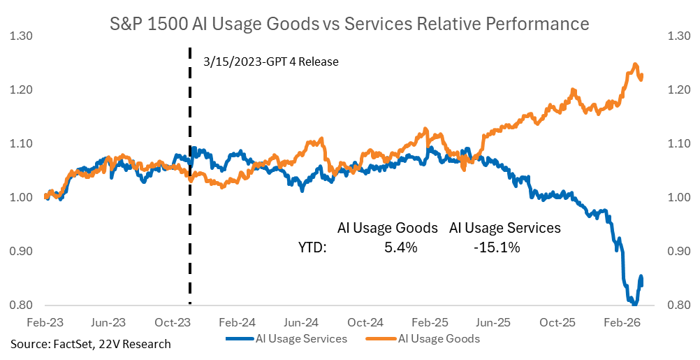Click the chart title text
pyautogui.click(x=350, y=24)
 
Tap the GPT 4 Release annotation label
pyautogui.click(x=271, y=62)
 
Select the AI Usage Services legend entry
pyautogui.click(x=286, y=339)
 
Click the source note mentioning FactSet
pyautogui.click(x=91, y=343)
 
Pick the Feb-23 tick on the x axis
pyautogui.click(x=45, y=323)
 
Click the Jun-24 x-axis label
pyautogui.click(x=301, y=323)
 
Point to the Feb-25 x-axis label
pyautogui.click(x=430, y=323)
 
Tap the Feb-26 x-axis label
pyautogui.click(x=621, y=323)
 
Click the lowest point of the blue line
pyautogui.click(x=634, y=303)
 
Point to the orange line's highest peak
pyautogui.click(x=635, y=65)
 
